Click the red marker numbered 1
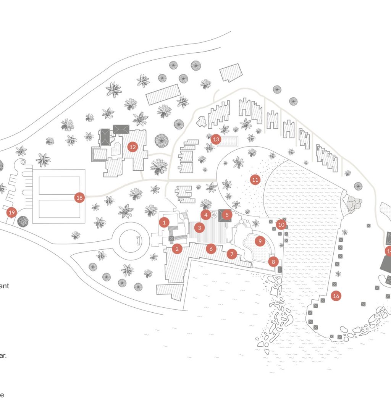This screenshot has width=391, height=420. tap(164, 222)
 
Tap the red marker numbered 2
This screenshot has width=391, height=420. tap(176, 249)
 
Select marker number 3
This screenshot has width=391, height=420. tap(199, 228)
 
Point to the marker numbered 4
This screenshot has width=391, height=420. tap(206, 215)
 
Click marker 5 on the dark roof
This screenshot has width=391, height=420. tap(227, 215)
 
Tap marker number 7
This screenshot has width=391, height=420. tap(232, 254)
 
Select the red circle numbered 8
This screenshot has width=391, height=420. tap(273, 262)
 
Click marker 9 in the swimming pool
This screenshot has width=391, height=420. tap(260, 241)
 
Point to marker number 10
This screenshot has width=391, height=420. tap(281, 225)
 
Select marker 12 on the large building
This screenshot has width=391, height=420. tap(132, 147)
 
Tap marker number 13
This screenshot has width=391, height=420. tap(216, 139)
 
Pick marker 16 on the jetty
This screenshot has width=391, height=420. tap(336, 296)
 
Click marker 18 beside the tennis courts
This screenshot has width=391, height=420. tap(79, 197)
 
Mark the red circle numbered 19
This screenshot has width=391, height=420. tap(12, 212)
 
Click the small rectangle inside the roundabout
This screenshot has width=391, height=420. tap(138, 241)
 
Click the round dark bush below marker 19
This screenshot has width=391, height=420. tap(23, 221)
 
